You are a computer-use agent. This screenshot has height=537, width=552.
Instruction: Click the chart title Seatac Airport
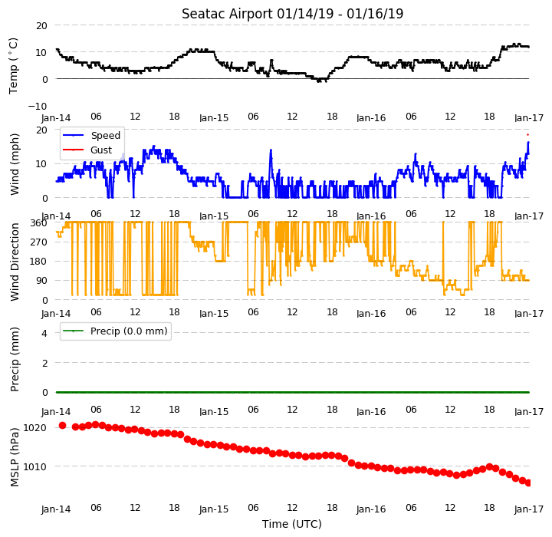tap(227, 14)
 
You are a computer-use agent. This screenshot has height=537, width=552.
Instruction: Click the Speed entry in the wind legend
tap(106, 135)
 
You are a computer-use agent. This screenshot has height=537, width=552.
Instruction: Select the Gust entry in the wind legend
tap(101, 150)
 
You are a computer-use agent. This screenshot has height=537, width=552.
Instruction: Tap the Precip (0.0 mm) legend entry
tap(129, 331)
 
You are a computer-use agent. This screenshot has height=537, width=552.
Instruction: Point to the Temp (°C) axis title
tap(13, 66)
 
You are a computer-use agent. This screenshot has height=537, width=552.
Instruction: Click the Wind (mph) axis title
tap(15, 164)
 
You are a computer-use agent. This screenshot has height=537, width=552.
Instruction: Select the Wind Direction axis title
tap(15, 262)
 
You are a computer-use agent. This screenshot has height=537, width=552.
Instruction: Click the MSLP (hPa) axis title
tap(15, 457)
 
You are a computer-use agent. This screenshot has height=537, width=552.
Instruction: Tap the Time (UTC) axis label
tap(292, 524)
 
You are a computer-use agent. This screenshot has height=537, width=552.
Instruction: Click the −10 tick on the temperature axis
tap(38, 107)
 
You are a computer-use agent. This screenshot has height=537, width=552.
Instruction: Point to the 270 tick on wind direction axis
tap(39, 242)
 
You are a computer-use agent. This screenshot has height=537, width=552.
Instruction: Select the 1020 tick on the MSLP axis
tap(34, 428)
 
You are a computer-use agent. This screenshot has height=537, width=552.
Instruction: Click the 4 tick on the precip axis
tap(44, 334)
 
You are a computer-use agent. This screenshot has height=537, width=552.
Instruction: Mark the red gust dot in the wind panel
tap(527, 134)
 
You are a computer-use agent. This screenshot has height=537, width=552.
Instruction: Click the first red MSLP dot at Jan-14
tap(63, 426)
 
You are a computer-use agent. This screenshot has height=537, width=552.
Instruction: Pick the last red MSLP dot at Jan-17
tap(528, 483)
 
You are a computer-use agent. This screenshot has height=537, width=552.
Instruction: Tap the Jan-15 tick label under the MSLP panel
tap(214, 509)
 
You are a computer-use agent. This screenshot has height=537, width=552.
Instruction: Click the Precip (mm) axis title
tap(15, 360)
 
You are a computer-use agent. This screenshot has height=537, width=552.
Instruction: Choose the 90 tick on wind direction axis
tap(41, 281)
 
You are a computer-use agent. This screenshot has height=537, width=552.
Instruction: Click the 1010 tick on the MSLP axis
tap(34, 467)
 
